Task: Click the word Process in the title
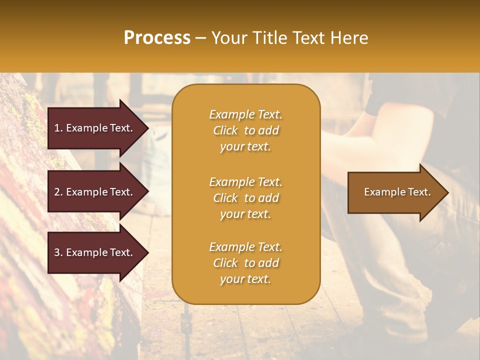(x=157, y=38)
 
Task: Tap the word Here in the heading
(x=349, y=38)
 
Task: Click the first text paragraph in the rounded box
(x=245, y=130)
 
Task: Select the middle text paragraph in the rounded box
(x=245, y=198)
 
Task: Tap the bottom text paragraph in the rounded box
(x=245, y=263)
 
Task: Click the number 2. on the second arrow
(x=58, y=192)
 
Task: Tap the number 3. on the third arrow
(x=58, y=252)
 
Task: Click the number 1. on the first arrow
(x=58, y=128)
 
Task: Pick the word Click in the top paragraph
(x=225, y=130)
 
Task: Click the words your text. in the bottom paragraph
(x=245, y=279)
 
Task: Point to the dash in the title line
(x=201, y=38)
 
